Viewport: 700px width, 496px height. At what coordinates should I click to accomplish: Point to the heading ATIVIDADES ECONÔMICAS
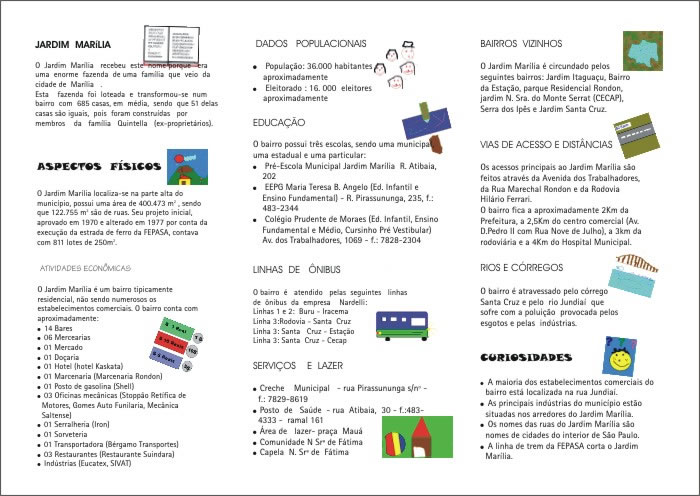(85, 268)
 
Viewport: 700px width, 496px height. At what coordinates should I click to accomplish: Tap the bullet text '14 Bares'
(59, 328)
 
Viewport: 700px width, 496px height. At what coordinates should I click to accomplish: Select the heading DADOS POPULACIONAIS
(311, 44)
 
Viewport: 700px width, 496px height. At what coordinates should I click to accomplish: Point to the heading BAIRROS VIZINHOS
(521, 44)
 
